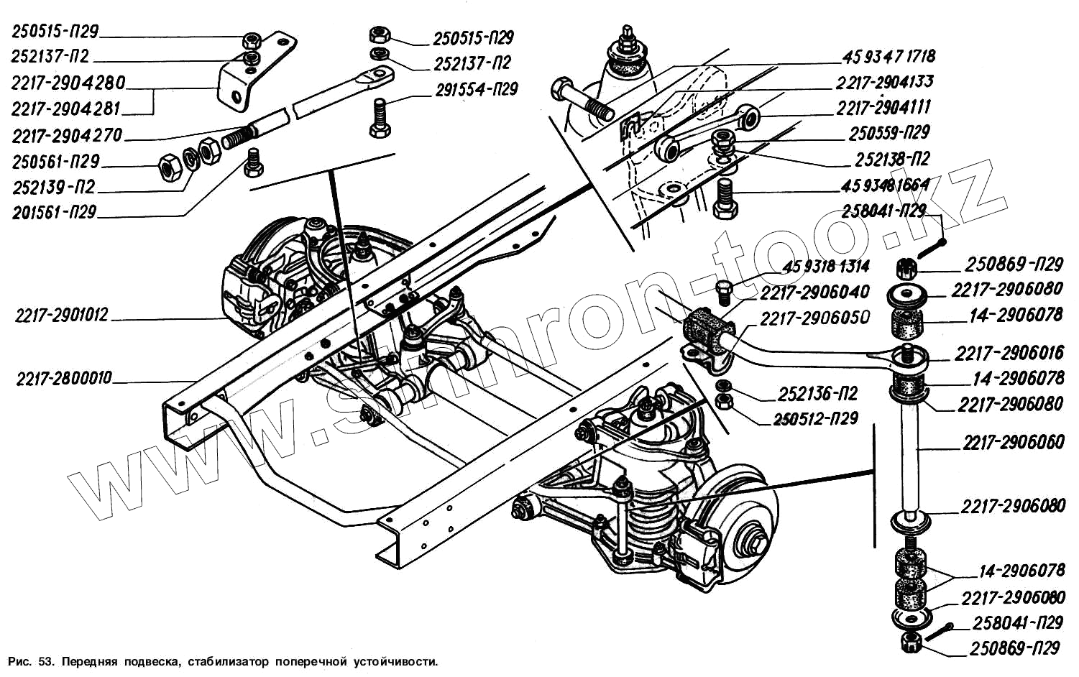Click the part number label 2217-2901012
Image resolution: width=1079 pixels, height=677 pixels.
point(61,315)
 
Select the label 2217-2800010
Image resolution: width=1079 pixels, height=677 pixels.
point(64,378)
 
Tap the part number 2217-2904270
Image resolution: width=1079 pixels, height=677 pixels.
point(67,136)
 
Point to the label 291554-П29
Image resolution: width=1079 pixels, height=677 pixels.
point(476,91)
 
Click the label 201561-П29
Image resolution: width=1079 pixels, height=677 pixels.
point(54,213)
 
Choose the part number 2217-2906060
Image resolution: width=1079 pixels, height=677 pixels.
point(1014,443)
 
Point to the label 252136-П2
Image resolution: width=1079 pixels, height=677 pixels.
point(817,395)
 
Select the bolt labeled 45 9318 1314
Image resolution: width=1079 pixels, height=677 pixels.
point(724,293)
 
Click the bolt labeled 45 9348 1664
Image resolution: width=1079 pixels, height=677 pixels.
point(725,199)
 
